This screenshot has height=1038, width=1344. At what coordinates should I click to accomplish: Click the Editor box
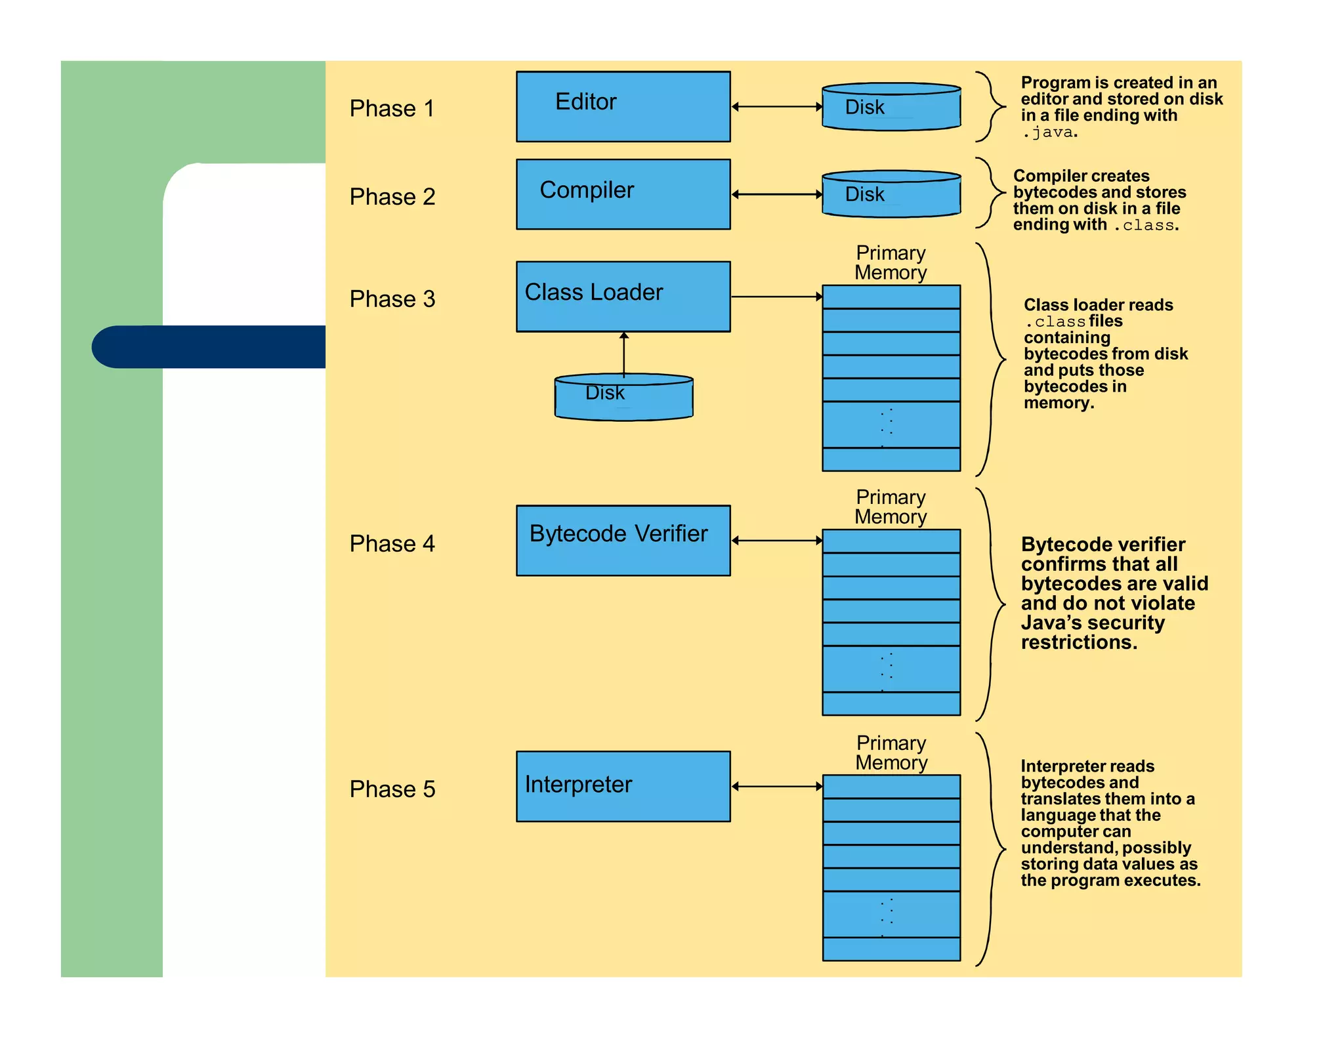pos(623,106)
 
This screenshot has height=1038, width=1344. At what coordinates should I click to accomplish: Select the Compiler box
pos(623,194)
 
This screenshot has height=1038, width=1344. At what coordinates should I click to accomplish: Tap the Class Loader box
pos(623,297)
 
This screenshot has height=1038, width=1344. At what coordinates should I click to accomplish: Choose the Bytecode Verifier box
pos(623,540)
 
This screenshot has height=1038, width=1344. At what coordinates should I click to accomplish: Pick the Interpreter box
pos(623,786)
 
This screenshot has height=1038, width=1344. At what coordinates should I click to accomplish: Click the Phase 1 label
pos(392,108)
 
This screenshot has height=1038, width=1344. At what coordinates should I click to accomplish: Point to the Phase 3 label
pos(392,299)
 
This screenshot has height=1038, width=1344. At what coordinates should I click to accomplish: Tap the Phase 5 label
pos(392,789)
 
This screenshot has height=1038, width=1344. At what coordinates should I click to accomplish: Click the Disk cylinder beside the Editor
pos(891,107)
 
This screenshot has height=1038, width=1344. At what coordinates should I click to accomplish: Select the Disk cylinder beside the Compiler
pos(891,194)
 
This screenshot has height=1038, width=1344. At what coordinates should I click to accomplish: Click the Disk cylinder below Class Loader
pos(623,397)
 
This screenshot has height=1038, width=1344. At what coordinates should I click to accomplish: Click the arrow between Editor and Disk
pos(776,106)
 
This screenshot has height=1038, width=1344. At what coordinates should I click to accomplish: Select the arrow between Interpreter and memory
pos(776,786)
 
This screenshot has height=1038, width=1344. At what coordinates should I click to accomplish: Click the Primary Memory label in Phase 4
pos(891,507)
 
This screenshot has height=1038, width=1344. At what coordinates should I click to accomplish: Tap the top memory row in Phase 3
pos(891,297)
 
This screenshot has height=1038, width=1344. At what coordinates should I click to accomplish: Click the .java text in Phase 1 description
pos(1049,133)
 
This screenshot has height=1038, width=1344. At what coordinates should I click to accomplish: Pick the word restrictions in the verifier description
pos(1078,642)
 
